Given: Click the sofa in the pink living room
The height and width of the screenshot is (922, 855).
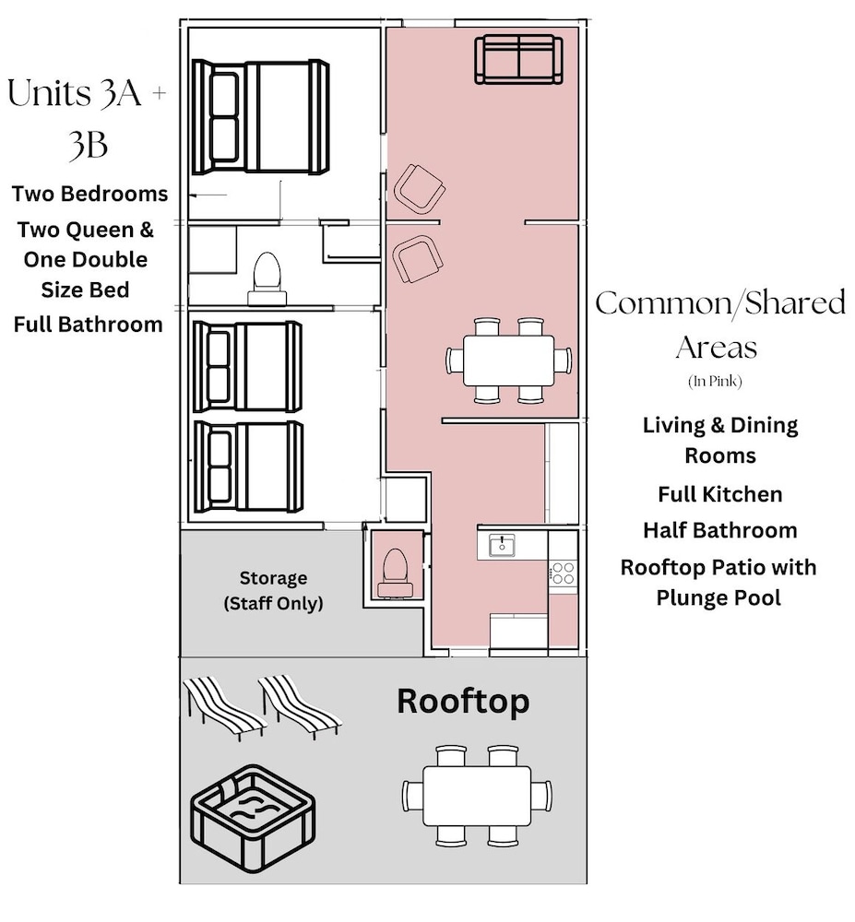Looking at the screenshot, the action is coord(518,59).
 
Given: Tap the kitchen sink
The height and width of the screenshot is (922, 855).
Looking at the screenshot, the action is coord(502,545).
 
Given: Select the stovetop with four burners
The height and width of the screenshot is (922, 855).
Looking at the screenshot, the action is coord(563,573).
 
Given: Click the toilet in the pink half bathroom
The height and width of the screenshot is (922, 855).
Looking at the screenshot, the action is coord(395,573).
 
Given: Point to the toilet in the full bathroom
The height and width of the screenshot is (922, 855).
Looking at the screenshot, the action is coord(267,278).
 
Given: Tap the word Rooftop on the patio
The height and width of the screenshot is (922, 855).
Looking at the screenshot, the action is coord(463,702).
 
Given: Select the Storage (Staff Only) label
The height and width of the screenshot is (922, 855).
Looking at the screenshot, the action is coord(273,590).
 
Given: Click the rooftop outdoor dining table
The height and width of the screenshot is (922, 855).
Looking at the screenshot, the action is coord(477,796).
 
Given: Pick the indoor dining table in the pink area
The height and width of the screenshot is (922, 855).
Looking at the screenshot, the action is coord(508,361).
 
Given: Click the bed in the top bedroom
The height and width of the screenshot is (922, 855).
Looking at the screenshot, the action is coord(260,116).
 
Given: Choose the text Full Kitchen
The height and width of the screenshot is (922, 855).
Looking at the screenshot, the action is coord(719,494).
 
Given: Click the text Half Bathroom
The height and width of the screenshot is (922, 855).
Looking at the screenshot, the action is coord(719,530).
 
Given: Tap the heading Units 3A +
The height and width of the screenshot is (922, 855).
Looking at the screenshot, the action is coord(87,93).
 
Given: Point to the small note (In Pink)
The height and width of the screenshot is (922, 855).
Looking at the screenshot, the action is coord(715,382).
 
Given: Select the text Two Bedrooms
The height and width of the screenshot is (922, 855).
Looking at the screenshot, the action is coord(90,194).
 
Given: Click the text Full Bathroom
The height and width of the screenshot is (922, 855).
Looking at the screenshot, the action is coord(89,325).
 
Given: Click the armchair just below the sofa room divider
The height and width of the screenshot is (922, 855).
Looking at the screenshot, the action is coord(418,259).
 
